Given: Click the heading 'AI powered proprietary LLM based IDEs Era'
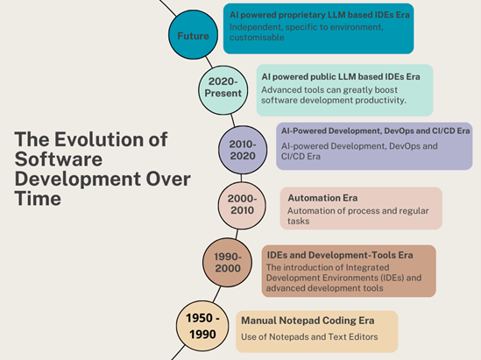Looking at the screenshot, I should [x=328, y=14].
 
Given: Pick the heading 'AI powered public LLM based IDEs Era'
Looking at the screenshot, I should [x=341, y=77].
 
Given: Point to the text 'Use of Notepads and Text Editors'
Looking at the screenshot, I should [x=309, y=336].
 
